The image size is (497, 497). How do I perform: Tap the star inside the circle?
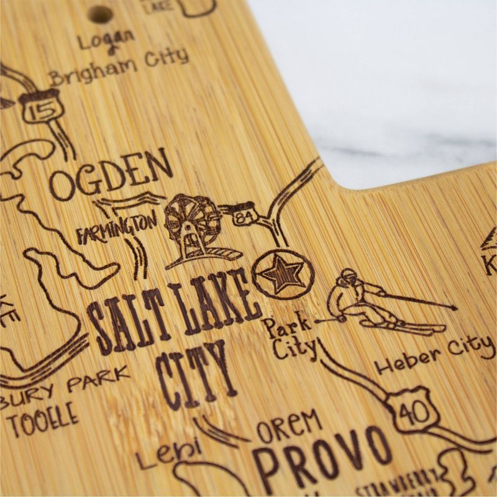pos(283,273)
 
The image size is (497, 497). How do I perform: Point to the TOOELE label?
pos(43,415)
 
